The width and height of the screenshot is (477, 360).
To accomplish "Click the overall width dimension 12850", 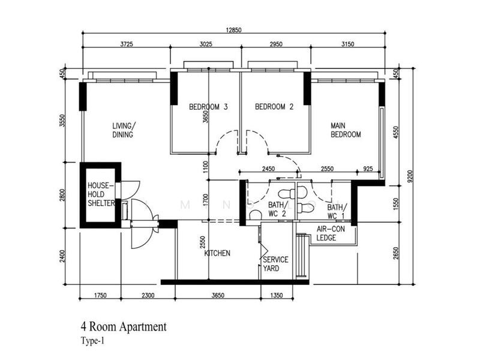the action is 233,30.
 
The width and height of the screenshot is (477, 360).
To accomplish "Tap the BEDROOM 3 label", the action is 208,107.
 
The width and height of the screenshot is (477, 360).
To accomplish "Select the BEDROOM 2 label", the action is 274,107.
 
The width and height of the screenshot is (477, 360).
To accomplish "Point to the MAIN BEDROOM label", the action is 346,130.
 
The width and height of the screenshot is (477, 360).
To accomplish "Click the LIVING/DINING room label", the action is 124,130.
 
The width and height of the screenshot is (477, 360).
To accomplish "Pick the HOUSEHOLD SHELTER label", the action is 101,194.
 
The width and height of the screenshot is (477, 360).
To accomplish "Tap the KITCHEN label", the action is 217,253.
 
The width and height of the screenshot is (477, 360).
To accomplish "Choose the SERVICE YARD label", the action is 275,264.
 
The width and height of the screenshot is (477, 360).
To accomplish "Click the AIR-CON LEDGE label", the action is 331,233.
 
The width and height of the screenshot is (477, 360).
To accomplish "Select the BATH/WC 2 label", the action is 277,209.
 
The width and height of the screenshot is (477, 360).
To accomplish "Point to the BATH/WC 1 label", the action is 336,212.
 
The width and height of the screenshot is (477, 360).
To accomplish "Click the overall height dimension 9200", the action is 410,176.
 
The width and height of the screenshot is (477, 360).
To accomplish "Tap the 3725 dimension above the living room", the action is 126,44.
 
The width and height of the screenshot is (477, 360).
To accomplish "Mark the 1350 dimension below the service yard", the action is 276,295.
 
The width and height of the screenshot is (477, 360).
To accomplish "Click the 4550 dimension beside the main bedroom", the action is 395,133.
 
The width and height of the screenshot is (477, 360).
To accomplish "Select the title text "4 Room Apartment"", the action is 124,327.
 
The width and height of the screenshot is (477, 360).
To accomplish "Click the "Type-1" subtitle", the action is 92,341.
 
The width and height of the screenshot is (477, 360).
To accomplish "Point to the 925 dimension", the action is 368,169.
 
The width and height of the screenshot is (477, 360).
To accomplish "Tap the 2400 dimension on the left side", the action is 62,256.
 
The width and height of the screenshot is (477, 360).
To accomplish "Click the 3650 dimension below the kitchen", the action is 218,295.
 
